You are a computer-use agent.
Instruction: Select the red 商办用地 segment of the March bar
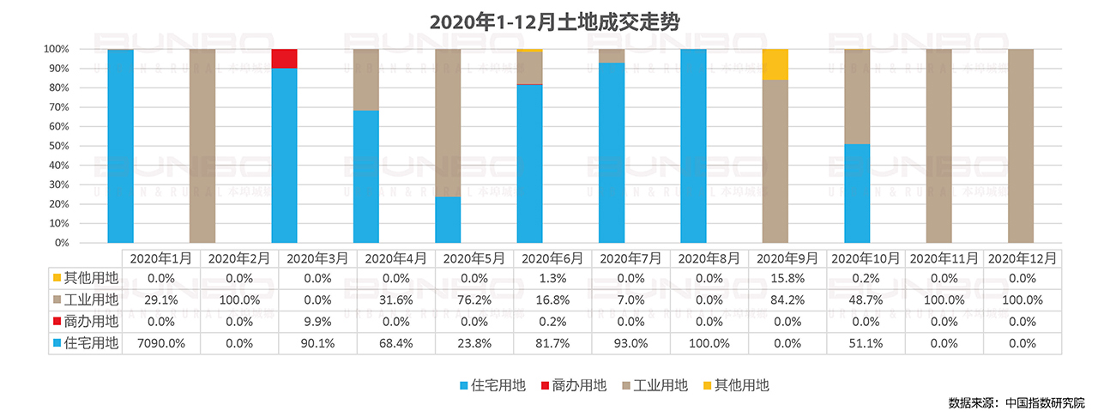(x=284, y=58)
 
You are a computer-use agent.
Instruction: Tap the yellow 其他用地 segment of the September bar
(x=775, y=64)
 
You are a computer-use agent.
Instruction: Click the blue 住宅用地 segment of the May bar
(x=448, y=220)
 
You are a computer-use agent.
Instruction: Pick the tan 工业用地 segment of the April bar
(x=366, y=80)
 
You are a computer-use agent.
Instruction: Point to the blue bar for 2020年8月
(x=693, y=146)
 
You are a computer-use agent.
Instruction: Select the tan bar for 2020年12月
(x=1020, y=146)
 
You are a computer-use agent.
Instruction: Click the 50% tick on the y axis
(x=57, y=146)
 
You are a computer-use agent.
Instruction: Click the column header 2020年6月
(x=553, y=257)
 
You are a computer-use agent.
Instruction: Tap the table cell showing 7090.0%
(x=160, y=343)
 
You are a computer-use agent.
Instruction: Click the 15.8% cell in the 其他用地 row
(x=787, y=278)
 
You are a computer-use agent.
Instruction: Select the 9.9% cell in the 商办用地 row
(x=317, y=322)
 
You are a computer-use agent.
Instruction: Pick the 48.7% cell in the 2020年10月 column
(x=864, y=300)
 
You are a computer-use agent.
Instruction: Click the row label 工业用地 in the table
(x=91, y=300)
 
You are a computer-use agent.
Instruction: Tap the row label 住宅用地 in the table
(x=91, y=343)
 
